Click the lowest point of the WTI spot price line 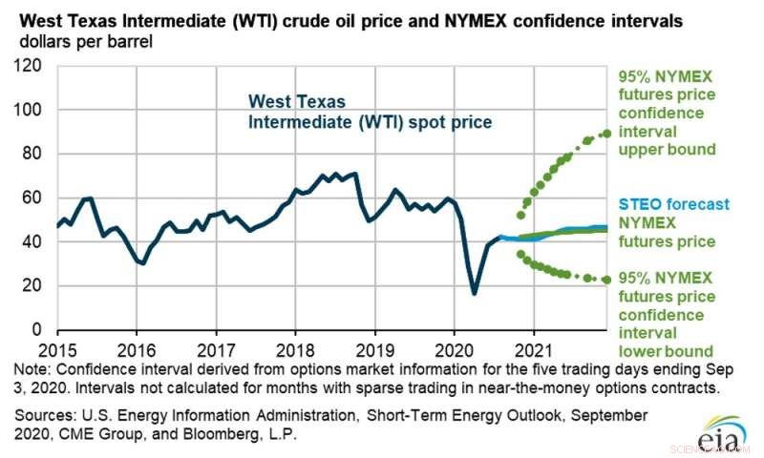[474, 293]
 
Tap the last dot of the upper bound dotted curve [606, 134]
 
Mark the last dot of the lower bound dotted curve [606, 280]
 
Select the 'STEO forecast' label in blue [673, 204]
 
